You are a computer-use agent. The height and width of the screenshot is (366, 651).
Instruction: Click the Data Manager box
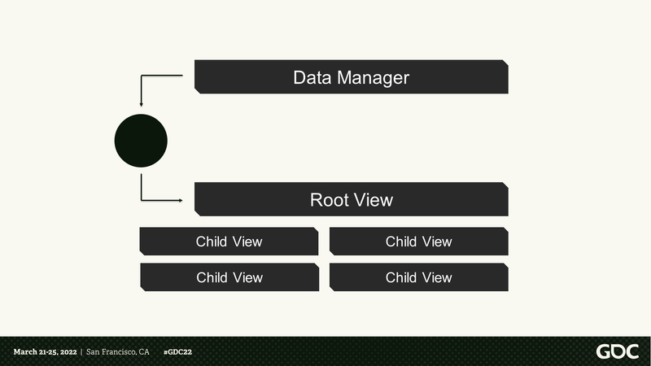(352, 76)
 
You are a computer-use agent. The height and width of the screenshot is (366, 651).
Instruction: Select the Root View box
(352, 199)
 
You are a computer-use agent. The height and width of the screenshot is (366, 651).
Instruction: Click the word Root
(330, 200)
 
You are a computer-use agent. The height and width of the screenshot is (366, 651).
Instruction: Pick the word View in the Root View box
(374, 200)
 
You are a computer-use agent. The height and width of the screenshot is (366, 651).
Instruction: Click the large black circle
(141, 141)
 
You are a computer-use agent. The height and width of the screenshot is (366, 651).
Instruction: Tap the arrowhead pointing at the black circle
(141, 105)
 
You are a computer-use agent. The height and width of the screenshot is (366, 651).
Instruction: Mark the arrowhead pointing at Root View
(181, 200)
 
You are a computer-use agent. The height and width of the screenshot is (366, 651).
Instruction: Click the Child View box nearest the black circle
(229, 241)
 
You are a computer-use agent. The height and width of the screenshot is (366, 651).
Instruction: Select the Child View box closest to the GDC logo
(418, 277)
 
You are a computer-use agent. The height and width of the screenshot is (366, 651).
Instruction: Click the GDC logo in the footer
(618, 352)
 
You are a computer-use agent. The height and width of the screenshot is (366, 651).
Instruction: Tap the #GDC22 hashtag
(177, 352)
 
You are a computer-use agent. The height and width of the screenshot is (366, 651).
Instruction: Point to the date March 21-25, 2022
(46, 352)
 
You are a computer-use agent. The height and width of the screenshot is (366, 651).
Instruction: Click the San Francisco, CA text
(117, 352)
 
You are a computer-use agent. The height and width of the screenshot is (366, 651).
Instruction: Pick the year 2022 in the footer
(68, 352)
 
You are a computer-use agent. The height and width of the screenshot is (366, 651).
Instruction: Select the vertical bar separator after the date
(81, 352)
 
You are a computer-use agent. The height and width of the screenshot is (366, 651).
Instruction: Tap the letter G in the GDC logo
(603, 352)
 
